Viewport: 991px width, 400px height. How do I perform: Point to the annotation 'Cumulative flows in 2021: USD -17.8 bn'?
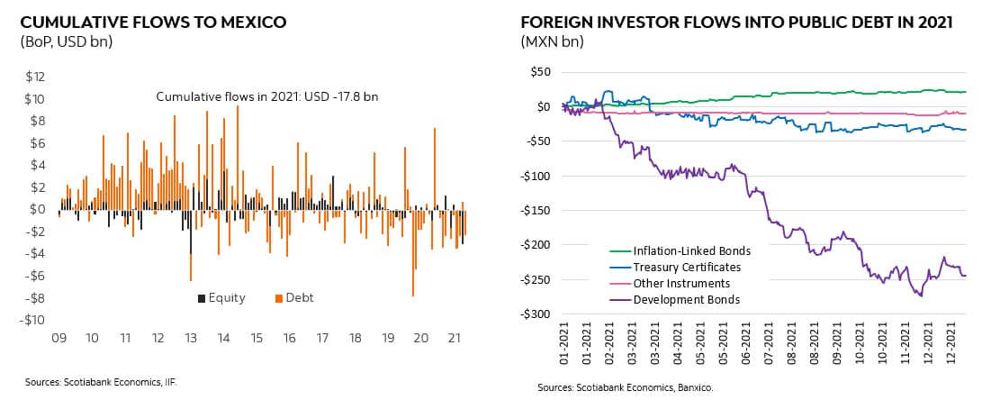[x=255, y=97]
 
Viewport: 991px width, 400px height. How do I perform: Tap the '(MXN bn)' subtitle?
[x=552, y=41]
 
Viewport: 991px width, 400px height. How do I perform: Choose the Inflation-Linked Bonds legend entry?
[x=691, y=250]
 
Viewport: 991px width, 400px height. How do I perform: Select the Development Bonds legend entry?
[x=687, y=299]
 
